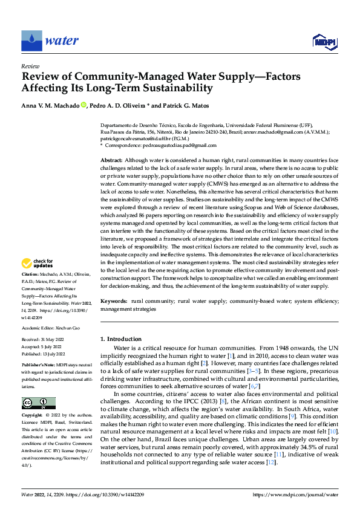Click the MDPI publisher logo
coord(324,41)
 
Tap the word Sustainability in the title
coord(173,88)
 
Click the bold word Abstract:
coord(113,159)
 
